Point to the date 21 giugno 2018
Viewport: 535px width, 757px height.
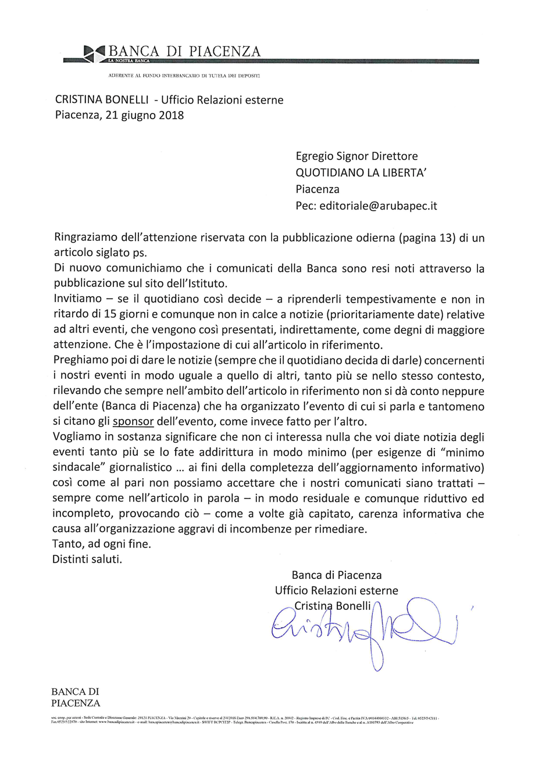coord(145,115)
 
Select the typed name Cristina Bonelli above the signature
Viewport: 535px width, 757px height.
coord(332,606)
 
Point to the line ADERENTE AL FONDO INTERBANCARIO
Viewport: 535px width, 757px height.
coord(185,76)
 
